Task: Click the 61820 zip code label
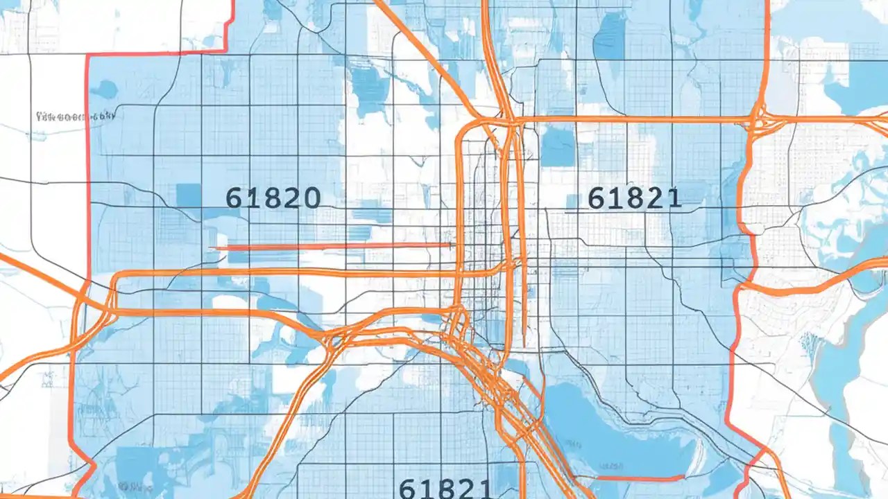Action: pyautogui.click(x=273, y=198)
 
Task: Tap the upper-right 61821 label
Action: pyautogui.click(x=634, y=198)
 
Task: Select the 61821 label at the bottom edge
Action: pyautogui.click(x=445, y=488)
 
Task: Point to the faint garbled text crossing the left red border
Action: pyautogui.click(x=74, y=117)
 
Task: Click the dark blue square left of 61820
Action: pyautogui.click(x=189, y=195)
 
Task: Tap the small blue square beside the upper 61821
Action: pyautogui.click(x=573, y=202)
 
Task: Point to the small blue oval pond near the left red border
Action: pyautogui.click(x=106, y=88)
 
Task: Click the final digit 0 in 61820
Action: pyautogui.click(x=310, y=198)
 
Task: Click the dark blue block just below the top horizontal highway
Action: pyautogui.click(x=558, y=147)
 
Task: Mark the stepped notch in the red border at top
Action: pyautogui.click(x=227, y=35)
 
